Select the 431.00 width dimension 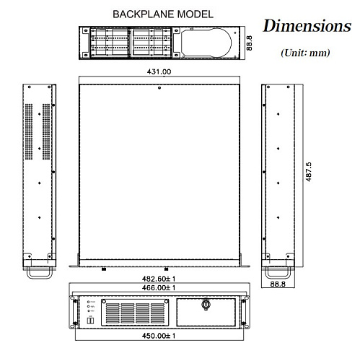pos(159,72)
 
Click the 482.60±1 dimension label pos(159,278)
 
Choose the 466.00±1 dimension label pos(159,287)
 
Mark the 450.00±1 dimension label pos(159,336)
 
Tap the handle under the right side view pos(278,272)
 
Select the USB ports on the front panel pos(90,320)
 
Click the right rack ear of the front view pos(244,310)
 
